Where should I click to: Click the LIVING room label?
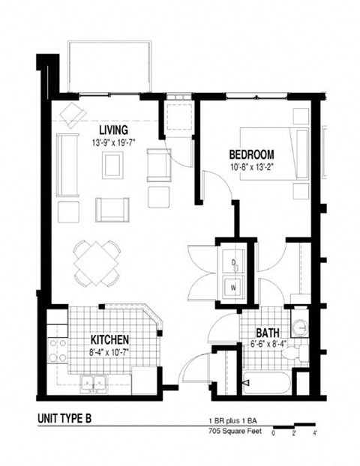(x=112, y=130)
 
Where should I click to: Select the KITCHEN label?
(x=110, y=339)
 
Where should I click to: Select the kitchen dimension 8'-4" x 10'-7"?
(x=110, y=351)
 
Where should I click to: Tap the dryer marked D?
(x=233, y=262)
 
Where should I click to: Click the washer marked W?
(x=233, y=285)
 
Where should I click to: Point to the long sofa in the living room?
(x=66, y=164)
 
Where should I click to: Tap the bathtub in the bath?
(x=266, y=383)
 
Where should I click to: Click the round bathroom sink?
(x=300, y=329)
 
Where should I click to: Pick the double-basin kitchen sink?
(x=94, y=384)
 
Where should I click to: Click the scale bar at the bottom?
(x=293, y=429)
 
